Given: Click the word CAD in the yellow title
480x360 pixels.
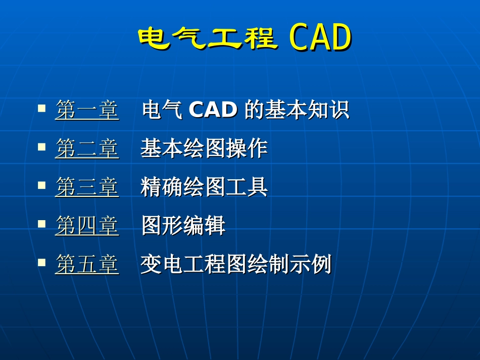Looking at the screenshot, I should tap(320, 38).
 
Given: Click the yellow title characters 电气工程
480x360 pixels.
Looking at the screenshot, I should tap(208, 38).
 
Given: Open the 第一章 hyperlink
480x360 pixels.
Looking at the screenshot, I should tap(87, 110).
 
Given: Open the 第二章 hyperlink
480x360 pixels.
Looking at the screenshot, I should tap(87, 148).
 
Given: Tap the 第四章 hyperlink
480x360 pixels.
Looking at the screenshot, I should tap(87, 226).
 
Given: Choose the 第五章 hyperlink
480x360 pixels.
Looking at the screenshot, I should tap(87, 265).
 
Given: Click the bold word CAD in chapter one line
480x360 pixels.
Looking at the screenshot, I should tap(213, 110).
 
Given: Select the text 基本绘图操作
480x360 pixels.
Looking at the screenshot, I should tap(204, 148).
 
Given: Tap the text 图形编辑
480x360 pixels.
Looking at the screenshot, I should tap(183, 226).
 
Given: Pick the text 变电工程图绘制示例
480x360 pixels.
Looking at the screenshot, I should tap(235, 265).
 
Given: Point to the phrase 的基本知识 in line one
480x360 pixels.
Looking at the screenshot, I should tap(297, 110).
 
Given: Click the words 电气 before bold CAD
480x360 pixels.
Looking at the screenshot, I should tap(162, 110).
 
